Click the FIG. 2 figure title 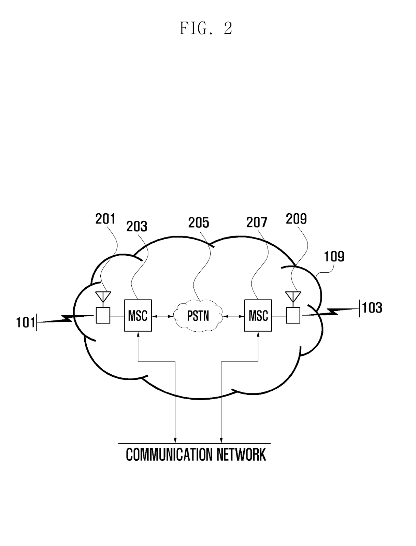pos(206,29)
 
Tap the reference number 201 pos(105,219)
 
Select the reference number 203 pos(137,227)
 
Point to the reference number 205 pos(199,223)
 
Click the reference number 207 pos(257,222)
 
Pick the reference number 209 pos(296,219)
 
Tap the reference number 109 pos(334,256)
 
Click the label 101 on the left pos(26,322)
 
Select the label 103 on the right pos(372,308)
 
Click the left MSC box pos(138,316)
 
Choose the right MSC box pos(258,316)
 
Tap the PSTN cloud pos(198,316)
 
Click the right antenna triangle pos(293,296)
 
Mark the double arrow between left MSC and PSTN pos(163,317)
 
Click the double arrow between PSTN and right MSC pos(233,317)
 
